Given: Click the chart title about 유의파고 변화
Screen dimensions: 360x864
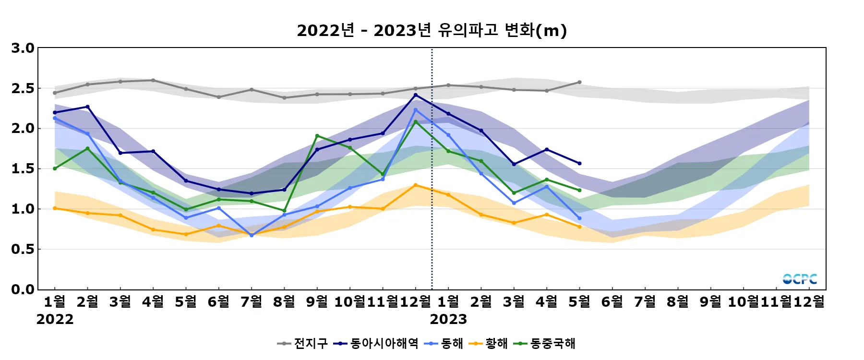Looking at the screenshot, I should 432,30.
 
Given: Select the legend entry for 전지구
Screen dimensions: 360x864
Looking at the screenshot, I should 303,343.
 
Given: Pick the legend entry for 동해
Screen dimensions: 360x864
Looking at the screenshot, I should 444,343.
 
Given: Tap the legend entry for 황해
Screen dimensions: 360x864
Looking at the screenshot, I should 489,343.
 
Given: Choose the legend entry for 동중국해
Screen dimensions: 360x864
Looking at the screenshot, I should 545,343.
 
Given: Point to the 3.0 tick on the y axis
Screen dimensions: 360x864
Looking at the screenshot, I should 23,48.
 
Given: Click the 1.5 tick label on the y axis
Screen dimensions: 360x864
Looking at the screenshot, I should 23,168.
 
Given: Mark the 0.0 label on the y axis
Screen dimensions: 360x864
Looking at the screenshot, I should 23,289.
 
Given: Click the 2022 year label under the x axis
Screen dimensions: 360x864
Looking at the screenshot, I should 55,319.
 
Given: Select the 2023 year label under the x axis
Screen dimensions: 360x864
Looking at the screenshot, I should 448,319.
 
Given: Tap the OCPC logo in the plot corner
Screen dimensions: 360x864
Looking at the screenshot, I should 800,279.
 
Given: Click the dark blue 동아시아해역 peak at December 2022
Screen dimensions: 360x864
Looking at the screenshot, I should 416,95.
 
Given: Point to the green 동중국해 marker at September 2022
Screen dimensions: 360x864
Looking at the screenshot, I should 317,136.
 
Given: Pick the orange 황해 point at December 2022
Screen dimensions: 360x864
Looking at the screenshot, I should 416,185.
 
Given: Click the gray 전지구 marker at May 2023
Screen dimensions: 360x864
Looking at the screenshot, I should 579,82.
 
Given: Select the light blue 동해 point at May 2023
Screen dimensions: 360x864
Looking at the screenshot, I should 579,218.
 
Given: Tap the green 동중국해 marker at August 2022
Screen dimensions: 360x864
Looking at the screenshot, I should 285,211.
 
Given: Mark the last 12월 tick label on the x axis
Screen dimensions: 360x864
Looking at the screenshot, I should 809,302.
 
